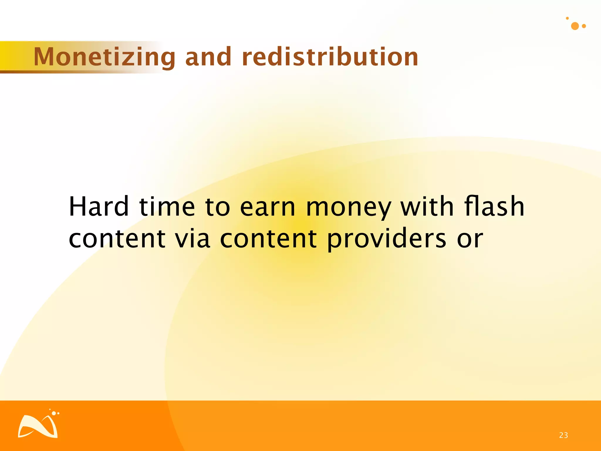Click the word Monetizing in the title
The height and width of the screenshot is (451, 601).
click(104, 57)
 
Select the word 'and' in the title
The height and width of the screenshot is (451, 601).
click(208, 57)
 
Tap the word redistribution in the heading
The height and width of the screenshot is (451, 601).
click(330, 57)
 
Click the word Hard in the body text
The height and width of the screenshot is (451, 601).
click(99, 207)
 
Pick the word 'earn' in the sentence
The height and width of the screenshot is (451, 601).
click(267, 207)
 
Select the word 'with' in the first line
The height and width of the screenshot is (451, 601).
click(427, 207)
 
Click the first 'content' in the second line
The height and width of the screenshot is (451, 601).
click(117, 238)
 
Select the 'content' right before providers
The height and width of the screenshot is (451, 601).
click(268, 238)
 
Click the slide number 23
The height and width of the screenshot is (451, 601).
click(563, 435)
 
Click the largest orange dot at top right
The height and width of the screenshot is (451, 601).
click(575, 26)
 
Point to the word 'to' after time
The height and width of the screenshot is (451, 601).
click(217, 207)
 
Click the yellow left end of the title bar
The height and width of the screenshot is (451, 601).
click(7, 56)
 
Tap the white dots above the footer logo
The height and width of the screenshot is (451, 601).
click(55, 413)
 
